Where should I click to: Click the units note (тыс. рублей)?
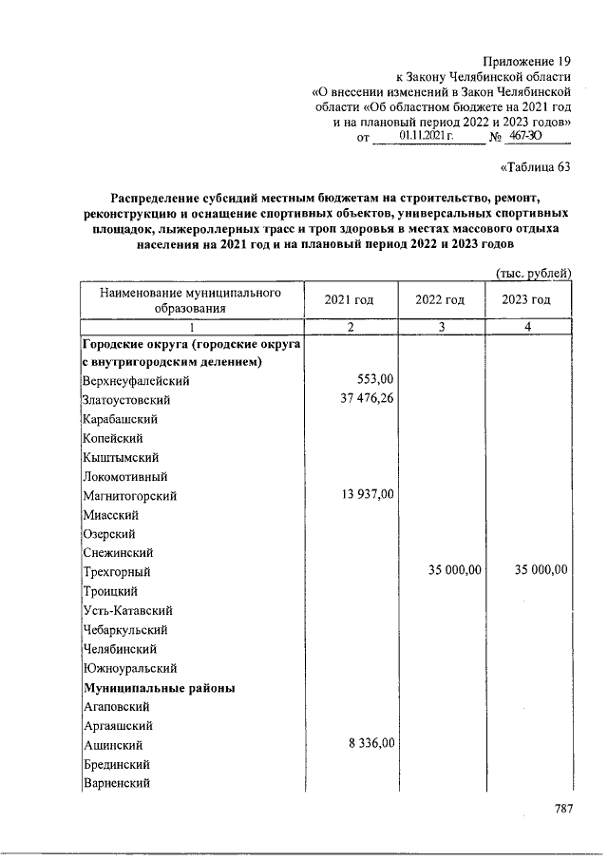pos(534,274)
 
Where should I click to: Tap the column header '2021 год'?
pos(349,300)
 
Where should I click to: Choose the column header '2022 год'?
pos(440,300)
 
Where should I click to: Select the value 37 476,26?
pos(361,398)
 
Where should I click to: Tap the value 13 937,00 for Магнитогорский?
pos(361,494)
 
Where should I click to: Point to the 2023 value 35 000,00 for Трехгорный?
pos(538,570)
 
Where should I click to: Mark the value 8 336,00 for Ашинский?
pos(366,744)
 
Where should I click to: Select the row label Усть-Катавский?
pos(127,611)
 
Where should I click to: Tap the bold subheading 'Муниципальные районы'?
pos(159,687)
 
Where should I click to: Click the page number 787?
pos(564,809)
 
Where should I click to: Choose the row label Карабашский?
pos(120,418)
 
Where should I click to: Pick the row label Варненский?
pos(117,783)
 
